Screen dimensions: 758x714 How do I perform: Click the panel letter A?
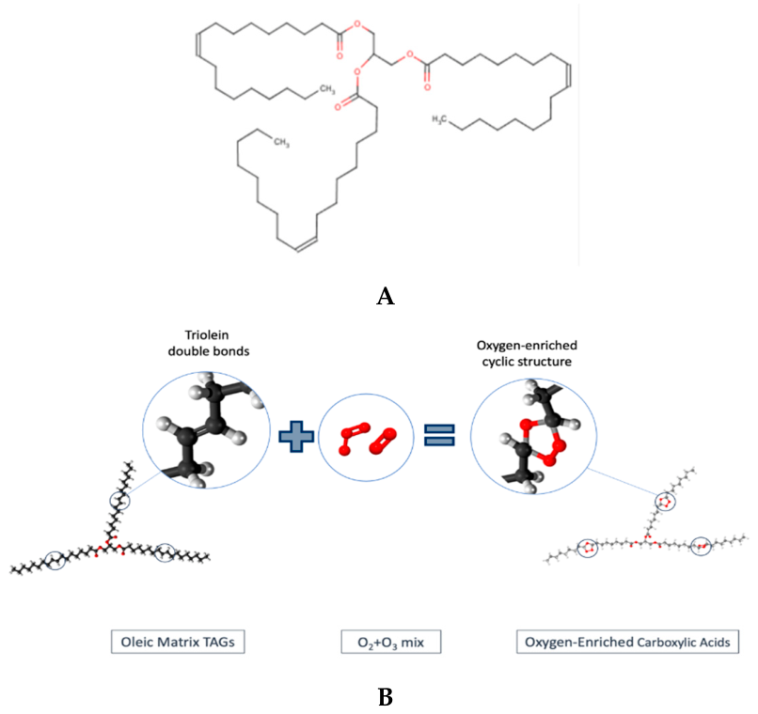coord(386,296)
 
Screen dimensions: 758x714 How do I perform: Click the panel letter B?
coord(386,697)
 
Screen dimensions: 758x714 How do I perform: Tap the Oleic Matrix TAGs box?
coord(178,642)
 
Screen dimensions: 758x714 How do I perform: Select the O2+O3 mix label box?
coord(391,642)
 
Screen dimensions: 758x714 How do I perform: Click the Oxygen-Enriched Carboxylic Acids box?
coord(627,642)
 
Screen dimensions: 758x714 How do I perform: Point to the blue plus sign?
coord(296,437)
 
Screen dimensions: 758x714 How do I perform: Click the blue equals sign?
coord(439,434)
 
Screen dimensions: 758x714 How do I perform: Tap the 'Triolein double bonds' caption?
coord(209,343)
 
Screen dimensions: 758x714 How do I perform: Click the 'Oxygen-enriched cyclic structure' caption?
coord(527,353)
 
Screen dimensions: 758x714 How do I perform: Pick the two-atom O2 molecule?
coord(383,442)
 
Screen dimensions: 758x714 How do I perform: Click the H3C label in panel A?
coord(439,118)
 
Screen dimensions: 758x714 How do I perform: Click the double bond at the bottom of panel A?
coord(307,244)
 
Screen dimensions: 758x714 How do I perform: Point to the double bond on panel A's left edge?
coord(198,43)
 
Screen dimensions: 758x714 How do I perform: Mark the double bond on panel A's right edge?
coord(569,76)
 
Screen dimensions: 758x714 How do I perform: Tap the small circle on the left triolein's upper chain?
coord(119,501)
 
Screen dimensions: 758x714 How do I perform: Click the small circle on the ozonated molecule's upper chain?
coord(665,502)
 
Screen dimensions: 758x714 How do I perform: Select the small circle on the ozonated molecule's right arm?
coord(701,546)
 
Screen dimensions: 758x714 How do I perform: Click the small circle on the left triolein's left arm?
coord(55,561)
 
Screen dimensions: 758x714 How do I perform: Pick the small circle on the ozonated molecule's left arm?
coord(588,548)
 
